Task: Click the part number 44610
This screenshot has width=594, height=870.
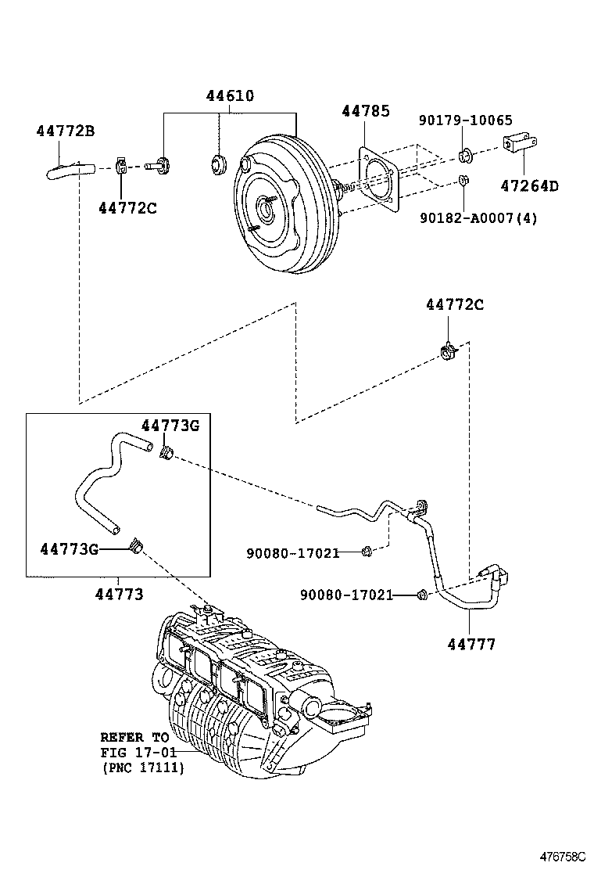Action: (230, 97)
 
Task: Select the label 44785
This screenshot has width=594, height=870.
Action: (365, 111)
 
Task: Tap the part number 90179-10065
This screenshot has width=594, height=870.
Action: (465, 120)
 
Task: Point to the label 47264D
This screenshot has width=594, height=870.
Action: (530, 185)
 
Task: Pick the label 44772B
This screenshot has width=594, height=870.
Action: (66, 131)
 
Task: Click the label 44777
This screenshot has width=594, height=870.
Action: (471, 645)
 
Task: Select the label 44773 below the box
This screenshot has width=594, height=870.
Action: (119, 595)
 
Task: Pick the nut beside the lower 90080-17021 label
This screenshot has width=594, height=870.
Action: (422, 595)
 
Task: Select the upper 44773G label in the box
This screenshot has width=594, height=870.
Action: (170, 425)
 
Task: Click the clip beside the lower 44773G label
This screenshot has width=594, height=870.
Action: (137, 546)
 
